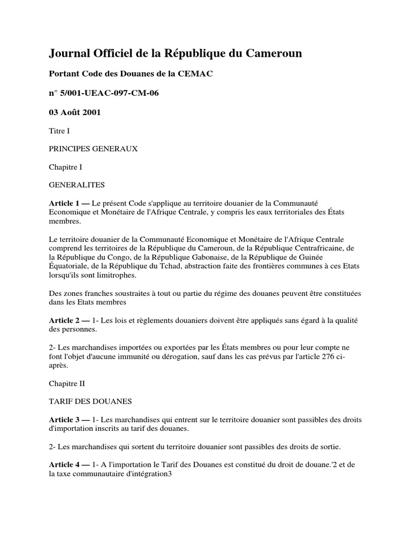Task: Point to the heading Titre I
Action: click(x=59, y=131)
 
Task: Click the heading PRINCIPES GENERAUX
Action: click(x=93, y=149)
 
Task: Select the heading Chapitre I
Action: click(x=66, y=167)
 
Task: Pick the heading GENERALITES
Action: click(x=77, y=185)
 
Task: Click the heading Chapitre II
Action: click(x=67, y=383)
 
